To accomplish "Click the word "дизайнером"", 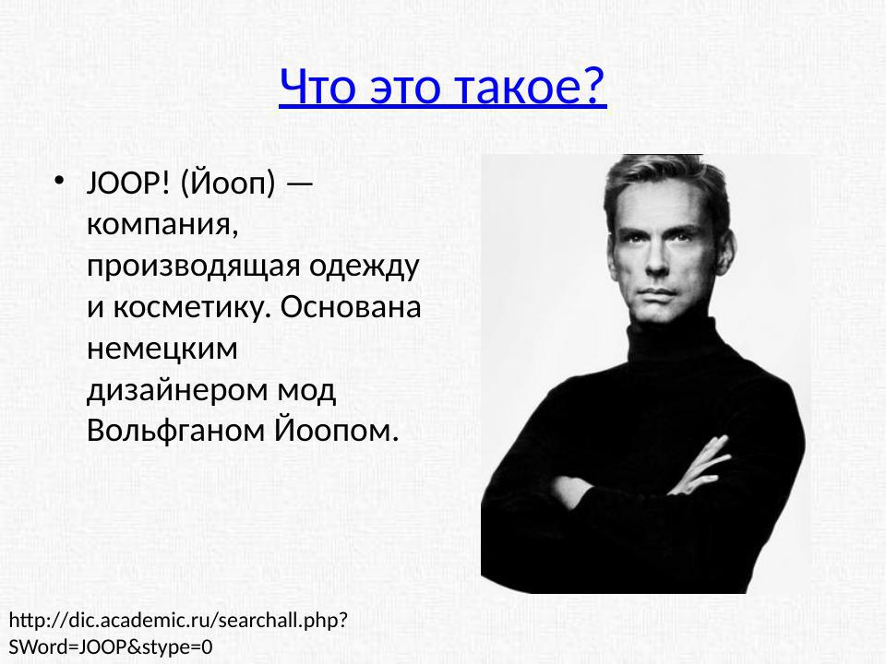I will (x=175, y=389).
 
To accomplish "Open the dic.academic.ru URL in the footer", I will (x=178, y=620).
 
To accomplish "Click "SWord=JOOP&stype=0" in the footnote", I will (x=111, y=646).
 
